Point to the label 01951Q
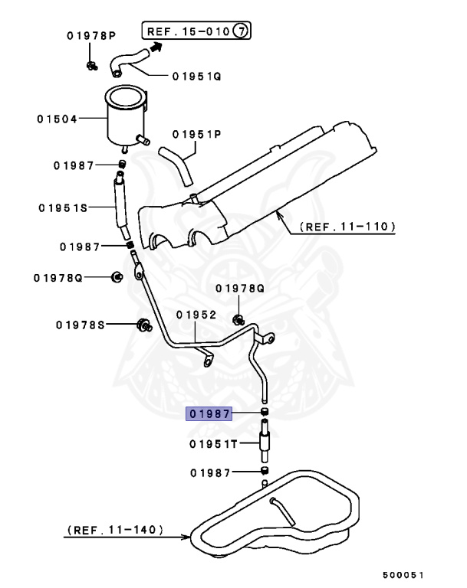click(x=195, y=76)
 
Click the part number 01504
click(x=57, y=119)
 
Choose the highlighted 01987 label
click(x=210, y=414)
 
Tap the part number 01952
click(x=196, y=314)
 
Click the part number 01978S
click(x=79, y=325)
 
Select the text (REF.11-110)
click(x=347, y=227)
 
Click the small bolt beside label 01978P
click(x=91, y=65)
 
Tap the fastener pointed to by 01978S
click(x=142, y=325)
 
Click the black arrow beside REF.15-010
click(x=159, y=47)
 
